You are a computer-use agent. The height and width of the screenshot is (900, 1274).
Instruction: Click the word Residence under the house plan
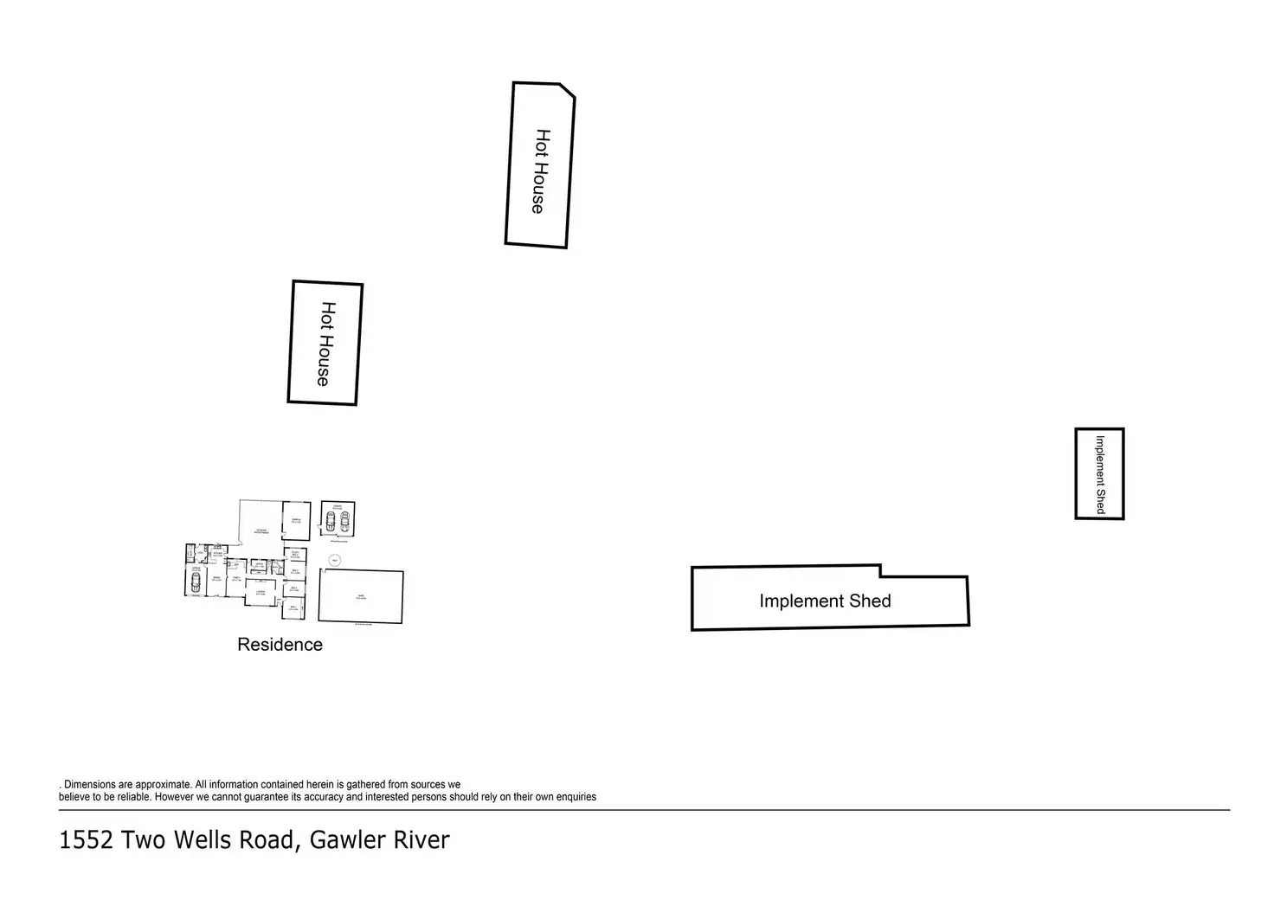pos(280,645)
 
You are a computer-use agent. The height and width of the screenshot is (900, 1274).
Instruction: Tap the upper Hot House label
pos(540,171)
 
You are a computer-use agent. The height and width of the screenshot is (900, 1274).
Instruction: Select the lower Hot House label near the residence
pos(325,344)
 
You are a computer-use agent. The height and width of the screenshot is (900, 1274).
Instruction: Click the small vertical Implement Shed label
pos(1100,474)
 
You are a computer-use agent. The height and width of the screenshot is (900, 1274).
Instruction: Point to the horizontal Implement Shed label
pos(825,601)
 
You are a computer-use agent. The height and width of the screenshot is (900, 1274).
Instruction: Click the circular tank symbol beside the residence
pos(334,560)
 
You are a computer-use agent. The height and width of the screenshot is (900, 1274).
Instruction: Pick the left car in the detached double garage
pos(330,521)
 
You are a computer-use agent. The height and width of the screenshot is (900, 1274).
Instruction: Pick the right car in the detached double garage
pos(344,521)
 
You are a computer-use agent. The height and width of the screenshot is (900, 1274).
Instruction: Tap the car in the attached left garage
pos(196,582)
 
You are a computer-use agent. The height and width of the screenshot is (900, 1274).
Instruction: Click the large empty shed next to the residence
pos(360,595)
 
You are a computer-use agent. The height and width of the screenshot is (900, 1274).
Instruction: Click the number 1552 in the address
pos(86,840)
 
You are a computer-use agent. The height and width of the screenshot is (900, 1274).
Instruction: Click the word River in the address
pos(417,840)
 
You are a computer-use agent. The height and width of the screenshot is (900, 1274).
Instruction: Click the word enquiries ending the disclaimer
pos(572,797)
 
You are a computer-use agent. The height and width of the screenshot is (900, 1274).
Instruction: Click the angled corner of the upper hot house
pos(567,90)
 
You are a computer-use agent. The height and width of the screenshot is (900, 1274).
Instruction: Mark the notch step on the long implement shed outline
pos(881,571)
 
